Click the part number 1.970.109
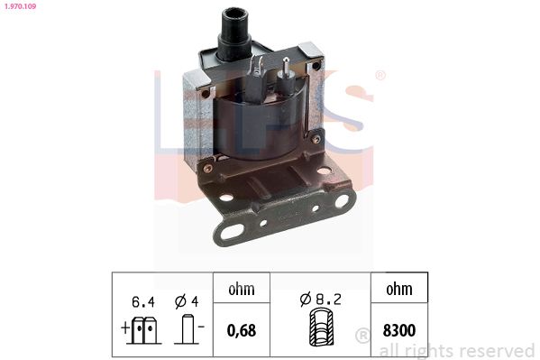pos(20,6)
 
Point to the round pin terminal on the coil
pos(286,78)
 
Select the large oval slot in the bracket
pos(232,232)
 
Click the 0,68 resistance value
pos(242,330)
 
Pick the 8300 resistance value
pos(399,330)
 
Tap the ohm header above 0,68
pos(242,289)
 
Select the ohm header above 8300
pos(399,289)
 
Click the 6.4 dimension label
pos(143,302)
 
